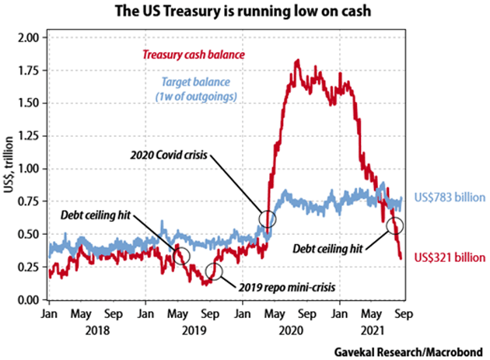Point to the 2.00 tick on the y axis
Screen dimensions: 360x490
pyautogui.click(x=29, y=37)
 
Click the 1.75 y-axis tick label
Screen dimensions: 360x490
pyautogui.click(x=29, y=70)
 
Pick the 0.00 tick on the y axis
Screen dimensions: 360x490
pyautogui.click(x=29, y=300)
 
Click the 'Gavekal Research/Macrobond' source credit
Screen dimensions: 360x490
pyautogui.click(x=416, y=349)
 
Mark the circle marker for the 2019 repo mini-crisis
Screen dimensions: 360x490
pyautogui.click(x=214, y=271)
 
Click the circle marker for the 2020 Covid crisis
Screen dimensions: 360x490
pyautogui.click(x=267, y=220)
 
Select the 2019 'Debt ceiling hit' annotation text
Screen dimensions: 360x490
pyautogui.click(x=97, y=214)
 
